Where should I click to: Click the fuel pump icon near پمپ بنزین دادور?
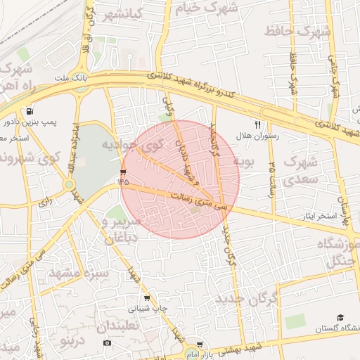(x=30, y=112)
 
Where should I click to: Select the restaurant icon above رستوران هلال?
(x=257, y=124)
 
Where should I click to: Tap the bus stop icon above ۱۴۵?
(x=124, y=172)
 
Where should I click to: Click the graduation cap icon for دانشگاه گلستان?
(x=340, y=318)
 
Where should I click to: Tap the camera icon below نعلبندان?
(x=107, y=342)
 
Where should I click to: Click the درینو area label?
(x=73, y=342)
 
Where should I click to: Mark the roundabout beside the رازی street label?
(x=70, y=185)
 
